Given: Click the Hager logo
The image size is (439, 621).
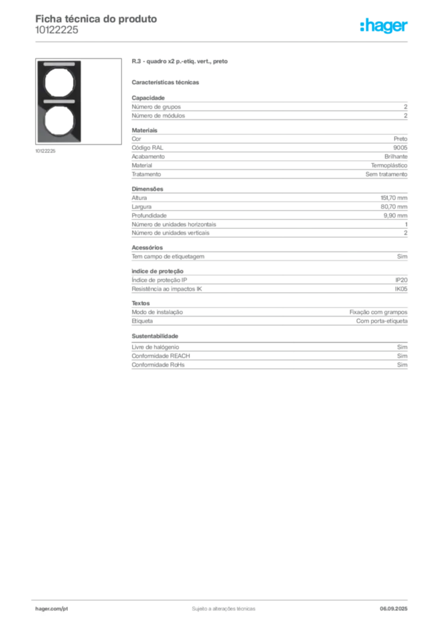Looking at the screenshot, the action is click(x=384, y=25).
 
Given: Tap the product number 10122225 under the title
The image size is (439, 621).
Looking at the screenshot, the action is click(x=56, y=30).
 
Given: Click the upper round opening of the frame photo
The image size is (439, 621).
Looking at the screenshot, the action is click(x=59, y=83).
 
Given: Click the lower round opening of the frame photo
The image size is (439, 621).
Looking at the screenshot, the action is click(x=59, y=121).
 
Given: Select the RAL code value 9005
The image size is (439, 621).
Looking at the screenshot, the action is click(x=400, y=148).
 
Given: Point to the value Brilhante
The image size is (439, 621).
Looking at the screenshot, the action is click(x=396, y=156).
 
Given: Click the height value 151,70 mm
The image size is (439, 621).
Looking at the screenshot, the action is click(x=394, y=198).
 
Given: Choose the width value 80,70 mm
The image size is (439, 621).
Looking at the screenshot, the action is click(x=394, y=207).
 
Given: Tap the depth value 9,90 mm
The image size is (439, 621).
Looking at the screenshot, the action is click(x=395, y=215).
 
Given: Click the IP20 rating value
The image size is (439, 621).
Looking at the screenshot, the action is click(x=401, y=280).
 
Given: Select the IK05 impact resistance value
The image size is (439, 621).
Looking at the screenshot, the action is click(x=401, y=289).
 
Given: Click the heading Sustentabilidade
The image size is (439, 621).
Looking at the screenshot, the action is click(x=155, y=336).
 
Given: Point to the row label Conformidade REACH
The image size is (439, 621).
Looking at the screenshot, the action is click(x=161, y=355).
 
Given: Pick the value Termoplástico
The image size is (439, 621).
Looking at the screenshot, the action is click(x=389, y=166).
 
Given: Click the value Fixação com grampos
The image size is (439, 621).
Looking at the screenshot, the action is click(x=378, y=312).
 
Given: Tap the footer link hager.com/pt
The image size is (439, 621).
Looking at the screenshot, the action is click(x=52, y=609).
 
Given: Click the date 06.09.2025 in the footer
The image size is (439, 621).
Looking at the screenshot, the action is click(x=394, y=609).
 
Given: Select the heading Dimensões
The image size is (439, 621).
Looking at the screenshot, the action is click(x=147, y=189).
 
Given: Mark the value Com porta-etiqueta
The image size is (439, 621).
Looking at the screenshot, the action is click(x=381, y=321).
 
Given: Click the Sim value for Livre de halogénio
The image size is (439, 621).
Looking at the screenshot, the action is click(x=402, y=347).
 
